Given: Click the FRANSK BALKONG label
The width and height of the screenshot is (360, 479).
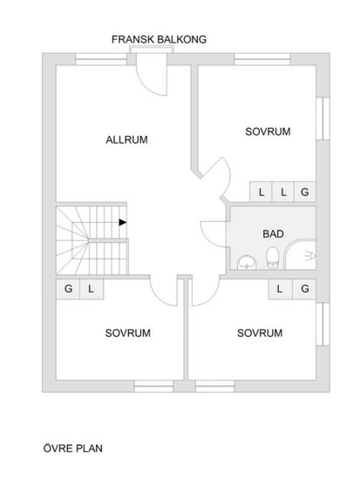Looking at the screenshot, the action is [159, 39].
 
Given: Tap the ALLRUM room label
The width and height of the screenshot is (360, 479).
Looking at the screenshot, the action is [126, 139].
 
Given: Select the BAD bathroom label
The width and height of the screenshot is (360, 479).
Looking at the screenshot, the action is [273, 234].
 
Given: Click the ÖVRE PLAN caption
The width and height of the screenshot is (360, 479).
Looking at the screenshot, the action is [73, 449].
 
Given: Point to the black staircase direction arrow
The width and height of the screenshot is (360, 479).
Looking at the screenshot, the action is [123, 222].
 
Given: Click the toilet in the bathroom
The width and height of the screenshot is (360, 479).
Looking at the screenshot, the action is [272, 258].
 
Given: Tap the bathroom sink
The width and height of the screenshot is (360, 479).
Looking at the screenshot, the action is [247, 262].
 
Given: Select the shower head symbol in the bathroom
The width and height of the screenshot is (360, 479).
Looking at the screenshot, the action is [310, 256].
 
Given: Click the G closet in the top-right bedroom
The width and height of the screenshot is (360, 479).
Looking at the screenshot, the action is [304, 192].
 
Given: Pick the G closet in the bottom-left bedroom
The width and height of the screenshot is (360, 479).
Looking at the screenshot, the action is [68, 288].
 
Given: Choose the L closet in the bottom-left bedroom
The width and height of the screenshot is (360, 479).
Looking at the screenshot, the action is [92, 288].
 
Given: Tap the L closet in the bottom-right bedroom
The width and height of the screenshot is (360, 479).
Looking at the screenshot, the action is [280, 288].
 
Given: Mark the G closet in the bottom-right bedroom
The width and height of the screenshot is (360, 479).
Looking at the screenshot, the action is [304, 288].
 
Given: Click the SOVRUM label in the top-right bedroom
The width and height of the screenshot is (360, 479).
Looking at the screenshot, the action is [268, 132].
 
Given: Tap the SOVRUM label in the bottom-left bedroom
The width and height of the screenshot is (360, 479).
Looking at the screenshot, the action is [128, 333].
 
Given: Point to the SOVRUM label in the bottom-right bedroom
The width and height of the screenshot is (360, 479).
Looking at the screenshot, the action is [260, 333].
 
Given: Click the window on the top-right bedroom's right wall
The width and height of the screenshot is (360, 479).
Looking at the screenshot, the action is [323, 118].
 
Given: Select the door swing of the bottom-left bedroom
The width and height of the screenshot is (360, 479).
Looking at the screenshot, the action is [159, 298].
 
